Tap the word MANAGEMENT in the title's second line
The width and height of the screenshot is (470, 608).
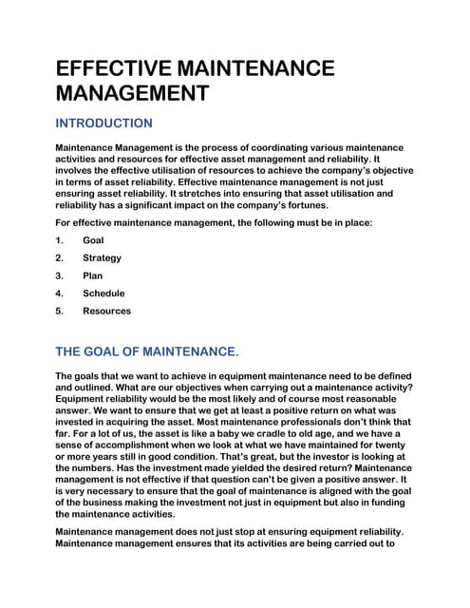(x=132, y=93)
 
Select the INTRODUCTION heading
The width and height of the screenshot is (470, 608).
(x=104, y=123)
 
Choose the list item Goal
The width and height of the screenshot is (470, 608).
(x=93, y=240)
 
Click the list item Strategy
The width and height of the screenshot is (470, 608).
(x=102, y=257)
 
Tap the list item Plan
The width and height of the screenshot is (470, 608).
(x=92, y=275)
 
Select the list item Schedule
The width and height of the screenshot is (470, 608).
(x=103, y=294)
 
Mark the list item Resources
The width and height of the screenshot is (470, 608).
(x=106, y=311)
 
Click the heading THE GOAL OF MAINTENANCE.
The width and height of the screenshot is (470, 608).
(x=147, y=351)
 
